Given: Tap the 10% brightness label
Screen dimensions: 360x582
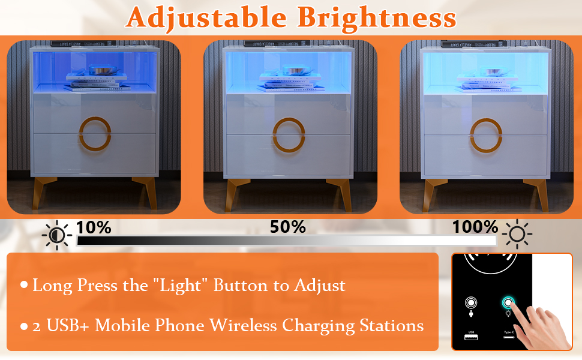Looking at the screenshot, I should pyautogui.click(x=94, y=227).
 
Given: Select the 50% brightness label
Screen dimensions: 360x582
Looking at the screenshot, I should pyautogui.click(x=287, y=227).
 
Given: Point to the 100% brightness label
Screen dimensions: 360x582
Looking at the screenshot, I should pyautogui.click(x=475, y=227).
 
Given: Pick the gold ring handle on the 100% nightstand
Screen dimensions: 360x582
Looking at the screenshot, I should pyautogui.click(x=486, y=133).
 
